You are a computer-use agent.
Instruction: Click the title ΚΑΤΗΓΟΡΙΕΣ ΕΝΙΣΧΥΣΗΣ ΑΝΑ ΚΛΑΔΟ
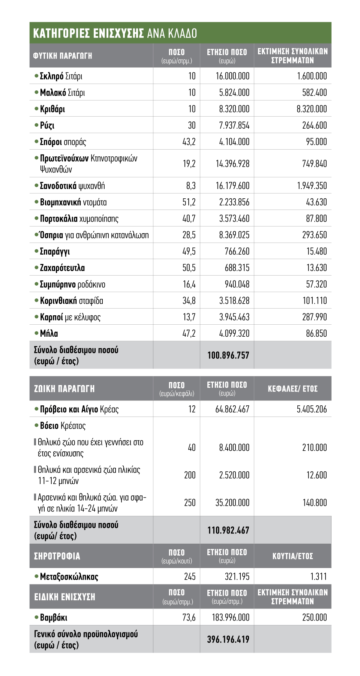pos(115,33)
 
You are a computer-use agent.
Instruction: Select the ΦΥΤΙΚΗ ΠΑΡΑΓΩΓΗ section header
pos(63,56)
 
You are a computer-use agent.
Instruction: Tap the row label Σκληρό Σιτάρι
pos(61,76)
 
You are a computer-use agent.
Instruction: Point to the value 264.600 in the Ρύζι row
pos(314,125)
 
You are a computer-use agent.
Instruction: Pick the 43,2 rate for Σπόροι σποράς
pos(189,142)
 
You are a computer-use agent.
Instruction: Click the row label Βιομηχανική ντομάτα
pos(73,202)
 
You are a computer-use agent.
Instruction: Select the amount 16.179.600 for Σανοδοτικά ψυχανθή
pos(232,186)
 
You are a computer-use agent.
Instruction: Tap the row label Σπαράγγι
pos(55,252)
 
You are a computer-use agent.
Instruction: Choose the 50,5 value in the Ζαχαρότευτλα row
pos(189,268)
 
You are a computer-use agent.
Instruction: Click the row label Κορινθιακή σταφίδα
pos(71,301)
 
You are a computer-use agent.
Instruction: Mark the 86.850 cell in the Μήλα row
pos(316,333)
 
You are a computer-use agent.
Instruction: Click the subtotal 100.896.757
pos(228,355)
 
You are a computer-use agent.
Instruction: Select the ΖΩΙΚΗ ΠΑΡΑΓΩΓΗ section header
pos(64,389)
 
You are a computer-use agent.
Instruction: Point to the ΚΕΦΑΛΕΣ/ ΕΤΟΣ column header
pos(292,389)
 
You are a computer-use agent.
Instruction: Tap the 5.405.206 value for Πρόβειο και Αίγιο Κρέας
pos(312,409)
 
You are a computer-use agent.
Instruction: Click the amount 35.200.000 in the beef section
pos(232,503)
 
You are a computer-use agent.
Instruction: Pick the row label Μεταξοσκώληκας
pos(69,577)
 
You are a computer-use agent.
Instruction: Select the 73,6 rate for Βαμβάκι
pos(189,618)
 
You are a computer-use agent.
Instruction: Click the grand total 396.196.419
pos(228,639)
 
